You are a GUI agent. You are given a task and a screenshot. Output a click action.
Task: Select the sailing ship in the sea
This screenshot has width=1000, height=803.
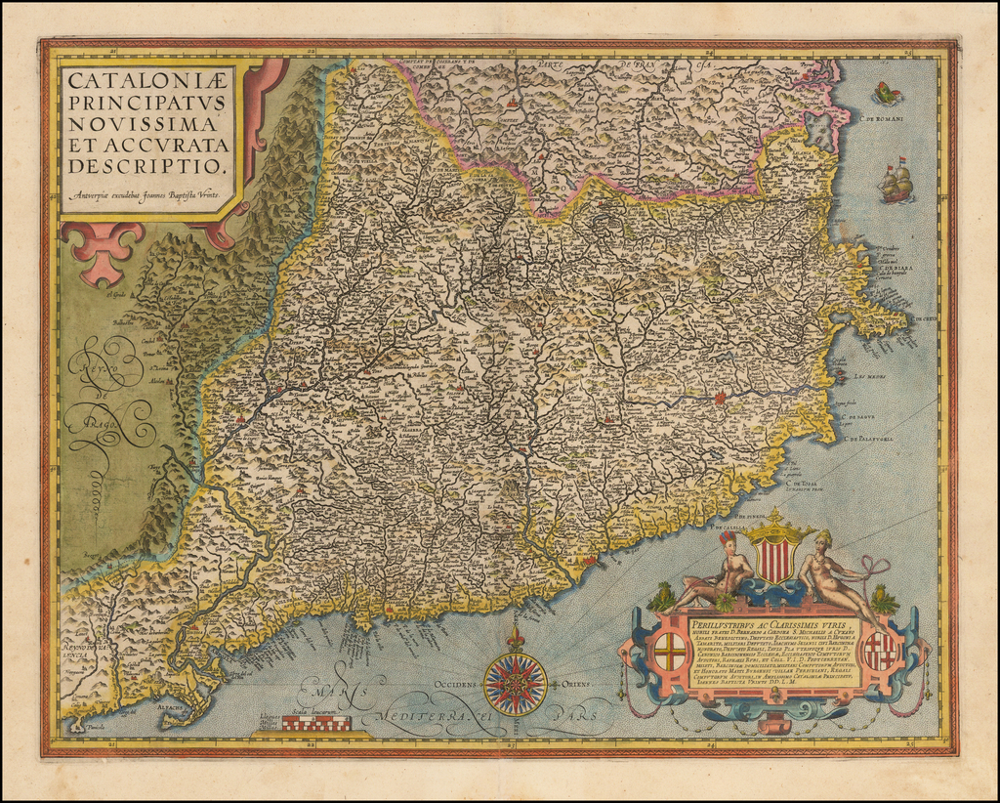coord(896,182)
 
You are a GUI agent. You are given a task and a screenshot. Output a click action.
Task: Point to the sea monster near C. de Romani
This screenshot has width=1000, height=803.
coord(887,94)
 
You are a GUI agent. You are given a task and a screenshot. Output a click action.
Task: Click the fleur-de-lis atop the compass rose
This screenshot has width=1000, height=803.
coord(515,638)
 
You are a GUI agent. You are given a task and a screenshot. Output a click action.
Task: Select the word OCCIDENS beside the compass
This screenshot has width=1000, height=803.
coord(459,686)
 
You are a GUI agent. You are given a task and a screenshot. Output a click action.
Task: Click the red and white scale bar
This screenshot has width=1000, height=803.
coord(316,722)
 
